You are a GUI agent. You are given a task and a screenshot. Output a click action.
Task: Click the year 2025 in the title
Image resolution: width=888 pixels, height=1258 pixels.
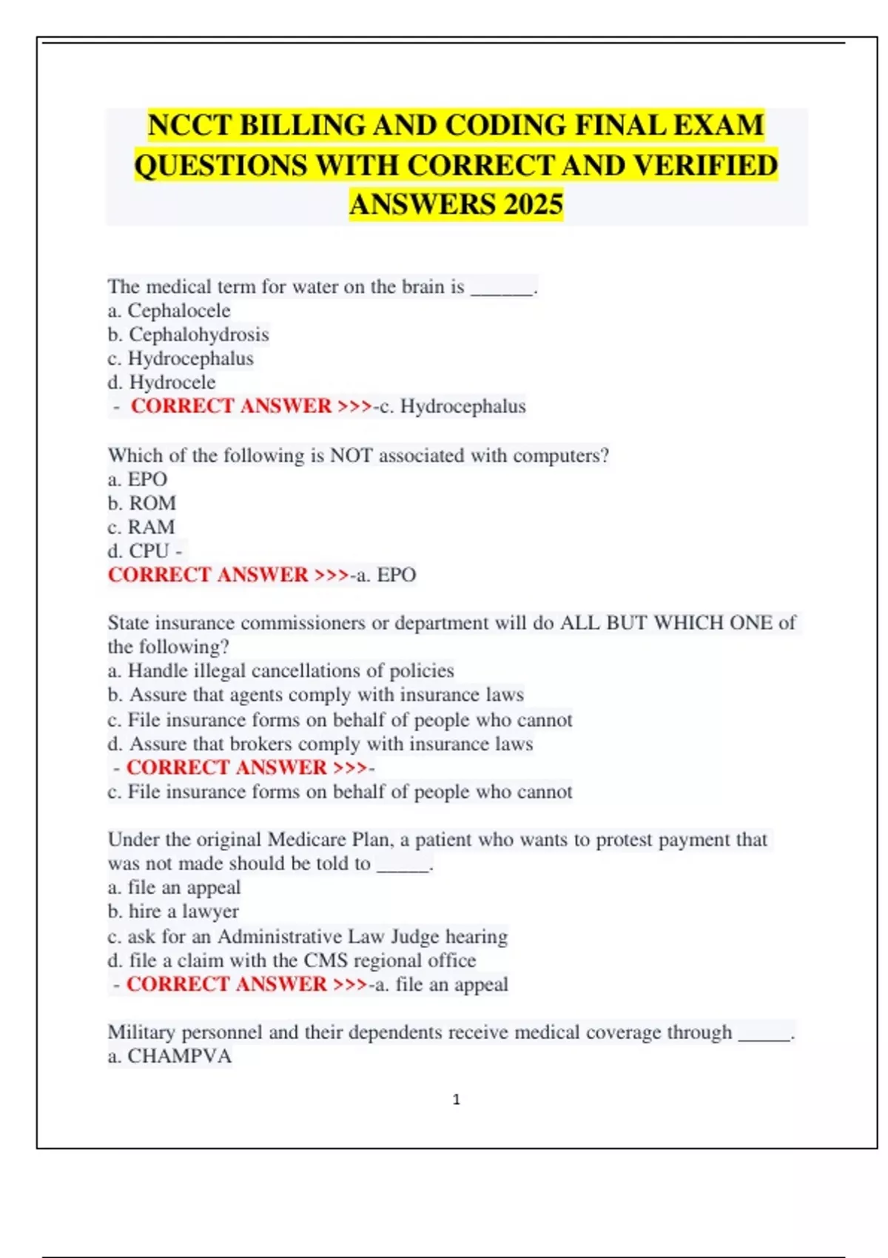click(x=533, y=204)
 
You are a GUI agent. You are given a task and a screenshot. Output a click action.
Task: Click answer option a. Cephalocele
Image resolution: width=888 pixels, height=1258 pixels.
click(x=169, y=311)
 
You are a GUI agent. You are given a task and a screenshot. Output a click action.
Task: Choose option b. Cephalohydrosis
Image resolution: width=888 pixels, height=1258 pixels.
click(x=188, y=334)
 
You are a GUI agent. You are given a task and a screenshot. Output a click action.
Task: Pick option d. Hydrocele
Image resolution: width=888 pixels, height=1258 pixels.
click(x=161, y=383)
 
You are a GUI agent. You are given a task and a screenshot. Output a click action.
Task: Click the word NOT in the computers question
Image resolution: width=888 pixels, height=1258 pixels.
click(x=351, y=455)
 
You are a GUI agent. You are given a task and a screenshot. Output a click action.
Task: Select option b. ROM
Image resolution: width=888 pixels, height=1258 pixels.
click(x=142, y=503)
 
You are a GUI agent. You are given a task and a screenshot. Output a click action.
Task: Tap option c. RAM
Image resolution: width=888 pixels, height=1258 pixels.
click(x=141, y=527)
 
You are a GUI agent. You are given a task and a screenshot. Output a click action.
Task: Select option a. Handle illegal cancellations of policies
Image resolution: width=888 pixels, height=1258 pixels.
click(x=280, y=670)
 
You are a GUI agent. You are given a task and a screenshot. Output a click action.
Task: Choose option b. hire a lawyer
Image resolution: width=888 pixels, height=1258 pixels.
click(x=173, y=912)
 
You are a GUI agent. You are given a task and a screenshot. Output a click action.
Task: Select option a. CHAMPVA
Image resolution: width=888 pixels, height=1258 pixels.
click(x=169, y=1056)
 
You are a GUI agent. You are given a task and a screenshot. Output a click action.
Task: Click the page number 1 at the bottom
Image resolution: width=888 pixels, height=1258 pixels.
click(x=456, y=1100)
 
